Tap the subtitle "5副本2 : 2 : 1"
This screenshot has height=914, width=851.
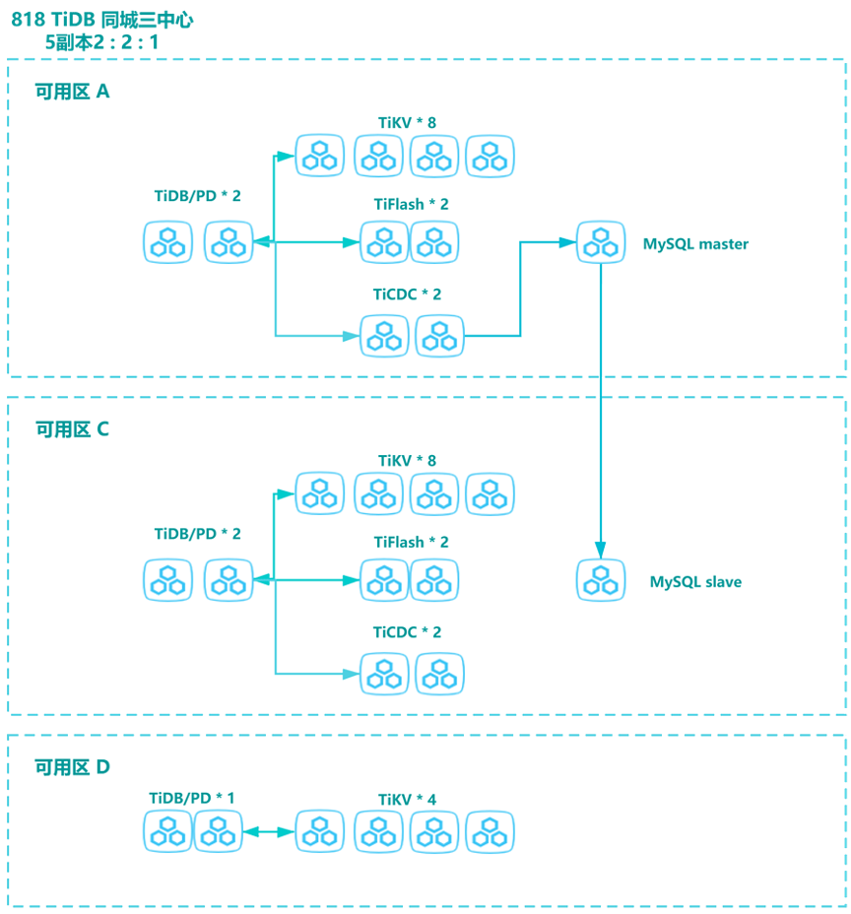click(x=102, y=42)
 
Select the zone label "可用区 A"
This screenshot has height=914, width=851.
click(x=73, y=92)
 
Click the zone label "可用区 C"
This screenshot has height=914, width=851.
click(x=73, y=429)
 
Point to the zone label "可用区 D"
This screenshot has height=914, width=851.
click(x=73, y=767)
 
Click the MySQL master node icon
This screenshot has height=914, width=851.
click(x=600, y=242)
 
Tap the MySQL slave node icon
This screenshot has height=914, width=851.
click(x=600, y=580)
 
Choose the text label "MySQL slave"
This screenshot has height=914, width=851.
click(x=695, y=582)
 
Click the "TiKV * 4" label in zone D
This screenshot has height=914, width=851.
click(x=407, y=800)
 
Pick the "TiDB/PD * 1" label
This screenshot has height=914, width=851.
click(x=192, y=798)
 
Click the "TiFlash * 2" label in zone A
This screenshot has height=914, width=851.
click(x=411, y=204)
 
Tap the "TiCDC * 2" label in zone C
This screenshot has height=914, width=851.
click(x=407, y=631)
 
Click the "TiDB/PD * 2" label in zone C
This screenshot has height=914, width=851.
click(x=197, y=534)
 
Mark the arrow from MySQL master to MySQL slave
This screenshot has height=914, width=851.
click(x=600, y=414)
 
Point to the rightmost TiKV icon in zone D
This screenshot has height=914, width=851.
click(x=490, y=832)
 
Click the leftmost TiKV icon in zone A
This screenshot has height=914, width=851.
click(x=320, y=156)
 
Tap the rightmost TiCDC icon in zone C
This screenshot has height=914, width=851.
click(x=439, y=674)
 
